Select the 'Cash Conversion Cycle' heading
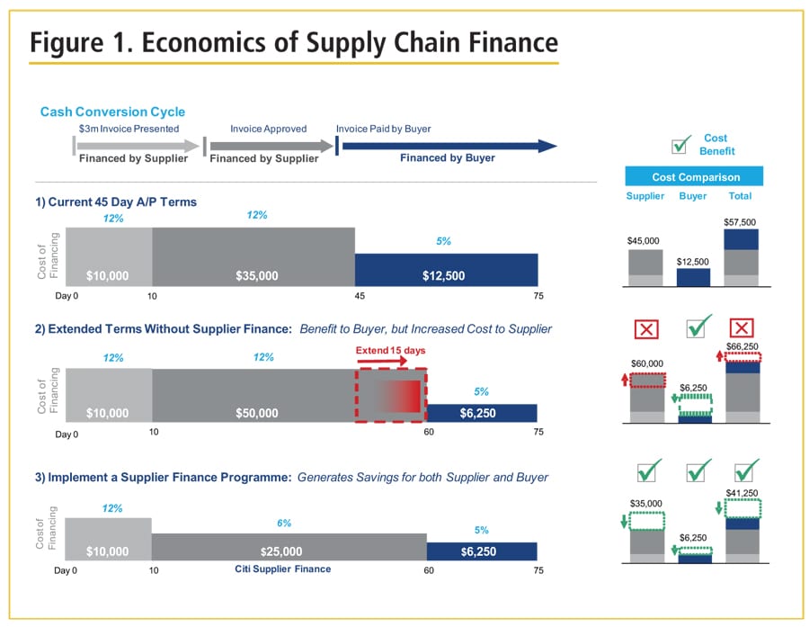point(112,112)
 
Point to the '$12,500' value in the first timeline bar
point(443,276)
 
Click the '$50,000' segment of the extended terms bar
point(256,414)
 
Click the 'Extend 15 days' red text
point(391,350)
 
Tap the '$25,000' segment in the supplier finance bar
point(280,551)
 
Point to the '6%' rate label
point(283,523)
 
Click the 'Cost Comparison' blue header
point(696,177)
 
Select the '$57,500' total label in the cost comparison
point(741,221)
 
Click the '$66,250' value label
point(742,346)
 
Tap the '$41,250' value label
point(742,493)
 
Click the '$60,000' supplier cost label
point(645,364)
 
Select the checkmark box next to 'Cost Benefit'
point(683,145)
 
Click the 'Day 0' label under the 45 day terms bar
point(67,296)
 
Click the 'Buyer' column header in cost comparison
point(693,196)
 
